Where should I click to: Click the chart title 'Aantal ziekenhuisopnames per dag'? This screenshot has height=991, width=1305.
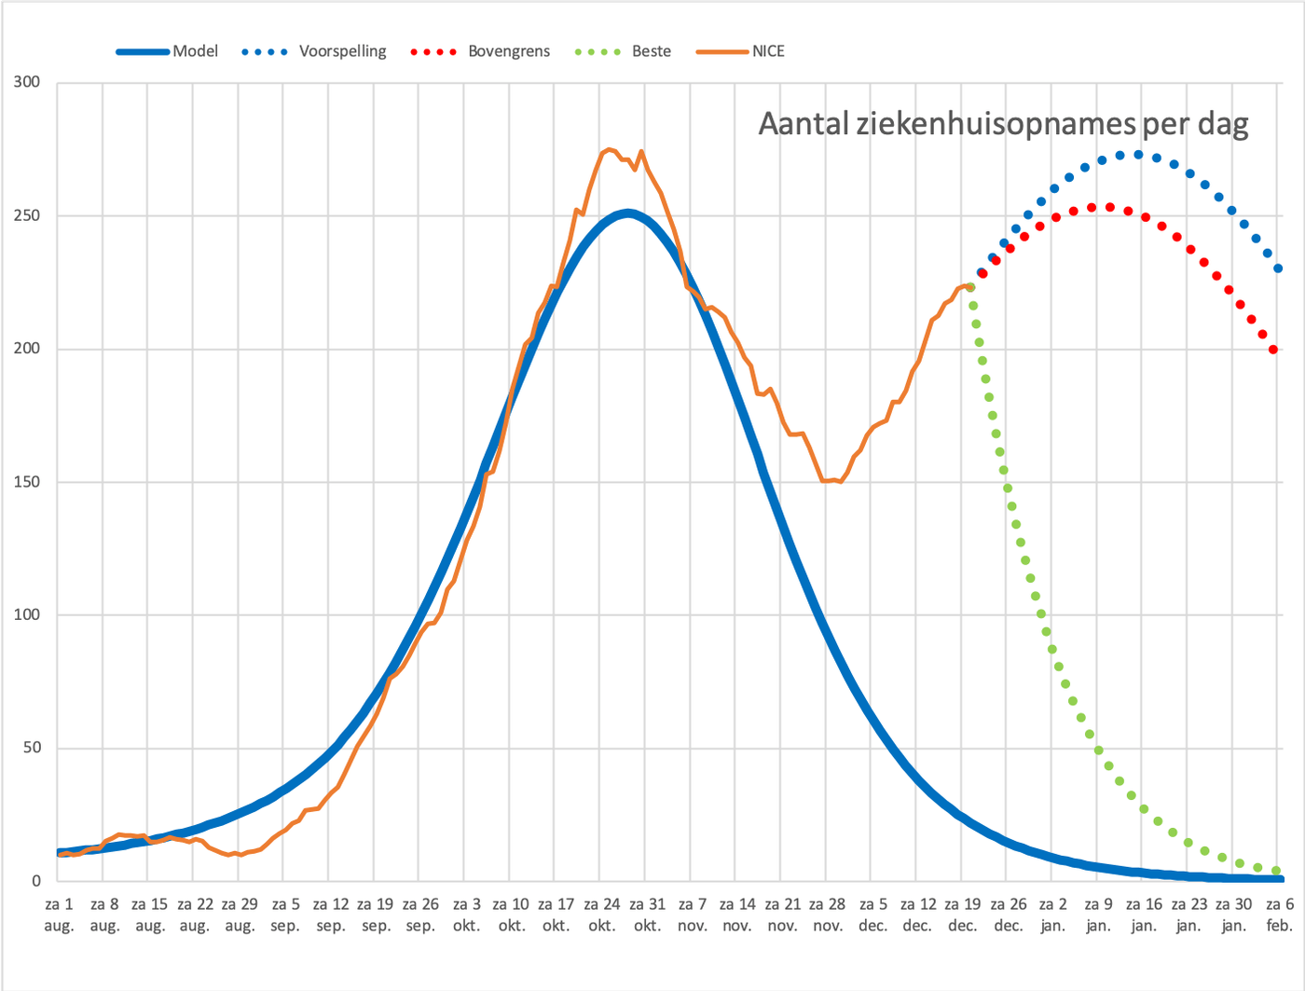click(1003, 124)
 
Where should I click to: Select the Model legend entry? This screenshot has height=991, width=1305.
click(167, 51)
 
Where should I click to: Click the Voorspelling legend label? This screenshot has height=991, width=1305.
click(342, 51)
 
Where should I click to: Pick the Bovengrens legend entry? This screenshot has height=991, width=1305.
click(480, 51)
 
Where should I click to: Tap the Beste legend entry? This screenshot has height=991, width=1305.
click(623, 51)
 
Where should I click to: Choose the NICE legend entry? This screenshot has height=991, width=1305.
click(740, 51)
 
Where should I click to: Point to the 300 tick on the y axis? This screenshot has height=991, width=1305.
click(27, 82)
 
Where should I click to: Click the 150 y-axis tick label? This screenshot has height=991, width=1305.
click(27, 482)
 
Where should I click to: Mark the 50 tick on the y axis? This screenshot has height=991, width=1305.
click(32, 748)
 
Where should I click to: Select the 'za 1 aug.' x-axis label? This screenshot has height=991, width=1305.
click(59, 915)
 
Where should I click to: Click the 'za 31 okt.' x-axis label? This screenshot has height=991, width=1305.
click(648, 915)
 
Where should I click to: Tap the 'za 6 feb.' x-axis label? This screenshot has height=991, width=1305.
click(1280, 915)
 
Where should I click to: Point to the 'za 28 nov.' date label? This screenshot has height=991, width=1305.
click(828, 915)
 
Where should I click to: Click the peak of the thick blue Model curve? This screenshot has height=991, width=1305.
click(627, 213)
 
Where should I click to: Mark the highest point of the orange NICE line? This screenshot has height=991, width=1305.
click(608, 149)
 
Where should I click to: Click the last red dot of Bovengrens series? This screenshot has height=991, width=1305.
click(1273, 350)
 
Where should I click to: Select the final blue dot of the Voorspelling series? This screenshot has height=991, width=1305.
click(1278, 268)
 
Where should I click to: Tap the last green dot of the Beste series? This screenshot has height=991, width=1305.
click(1276, 871)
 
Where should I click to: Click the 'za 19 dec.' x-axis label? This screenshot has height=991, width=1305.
click(963, 915)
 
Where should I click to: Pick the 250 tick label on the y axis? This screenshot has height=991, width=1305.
click(27, 215)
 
